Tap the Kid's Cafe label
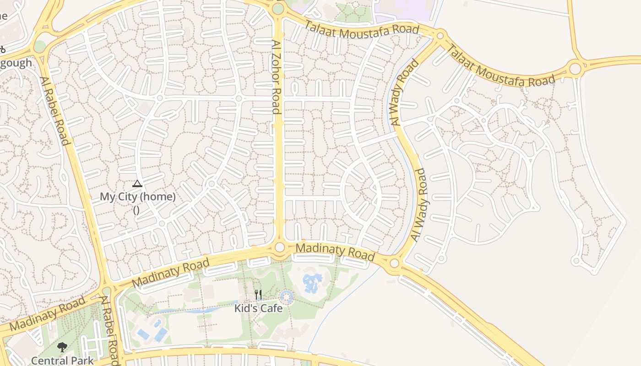[x=258, y=308]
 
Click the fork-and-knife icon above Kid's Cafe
[x=258, y=295]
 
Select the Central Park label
[x=62, y=361]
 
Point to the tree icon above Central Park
[x=62, y=347]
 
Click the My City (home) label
[x=137, y=197]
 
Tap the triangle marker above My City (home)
[x=137, y=184]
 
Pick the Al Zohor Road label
[x=276, y=77]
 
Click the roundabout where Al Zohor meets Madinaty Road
[x=280, y=248]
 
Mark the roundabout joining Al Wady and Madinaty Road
[x=394, y=263]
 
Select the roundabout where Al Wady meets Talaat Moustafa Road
[x=440, y=35]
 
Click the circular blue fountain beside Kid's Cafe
[x=287, y=296]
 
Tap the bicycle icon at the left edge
[x=2, y=49]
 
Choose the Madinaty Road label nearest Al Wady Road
[x=335, y=252]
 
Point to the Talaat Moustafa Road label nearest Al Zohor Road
[x=362, y=28]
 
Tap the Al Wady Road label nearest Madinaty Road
[x=418, y=205]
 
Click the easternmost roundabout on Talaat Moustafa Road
[x=575, y=69]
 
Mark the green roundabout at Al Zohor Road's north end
[x=278, y=9]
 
